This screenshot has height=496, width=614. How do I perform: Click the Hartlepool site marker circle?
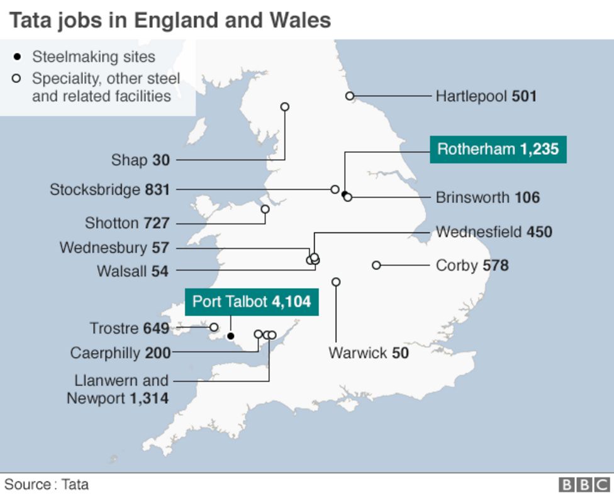click(x=350, y=96)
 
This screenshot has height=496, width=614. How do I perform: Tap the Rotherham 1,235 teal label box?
click(x=498, y=150)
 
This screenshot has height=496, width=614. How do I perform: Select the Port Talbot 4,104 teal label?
click(x=252, y=302)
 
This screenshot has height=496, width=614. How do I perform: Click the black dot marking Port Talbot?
click(x=231, y=336)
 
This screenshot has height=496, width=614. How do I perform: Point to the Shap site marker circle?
click(x=284, y=107)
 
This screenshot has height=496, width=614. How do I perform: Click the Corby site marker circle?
click(x=376, y=265)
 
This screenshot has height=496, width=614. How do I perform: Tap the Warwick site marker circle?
click(x=336, y=282)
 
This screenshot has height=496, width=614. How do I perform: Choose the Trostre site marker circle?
click(x=214, y=327)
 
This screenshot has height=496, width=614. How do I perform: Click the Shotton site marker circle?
click(x=265, y=209)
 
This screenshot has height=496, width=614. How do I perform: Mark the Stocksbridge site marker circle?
click(x=335, y=189)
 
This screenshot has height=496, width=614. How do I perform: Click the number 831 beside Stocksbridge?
click(x=157, y=189)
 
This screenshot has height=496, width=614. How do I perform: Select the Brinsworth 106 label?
click(x=488, y=198)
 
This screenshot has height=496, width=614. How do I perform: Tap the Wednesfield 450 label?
click(x=494, y=232)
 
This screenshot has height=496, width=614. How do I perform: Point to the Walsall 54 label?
click(x=132, y=271)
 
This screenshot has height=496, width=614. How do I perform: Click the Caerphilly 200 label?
click(x=120, y=353)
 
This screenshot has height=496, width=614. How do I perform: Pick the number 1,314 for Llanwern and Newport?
click(x=148, y=398)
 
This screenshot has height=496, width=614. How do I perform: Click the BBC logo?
click(x=584, y=485)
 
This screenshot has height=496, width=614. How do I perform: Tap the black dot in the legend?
click(x=18, y=57)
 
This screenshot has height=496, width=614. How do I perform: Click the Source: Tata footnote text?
click(x=47, y=485)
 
